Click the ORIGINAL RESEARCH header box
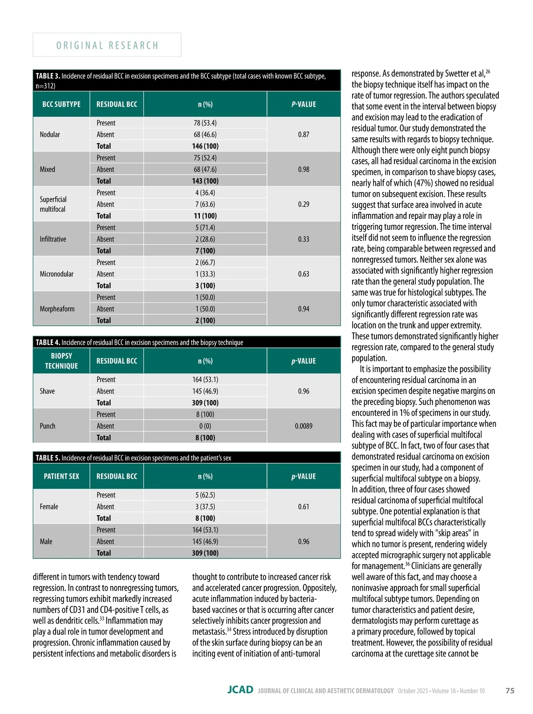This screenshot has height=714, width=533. click(x=107, y=45)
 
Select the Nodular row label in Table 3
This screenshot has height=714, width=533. click(x=50, y=134)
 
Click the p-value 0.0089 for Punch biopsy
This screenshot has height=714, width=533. click(x=303, y=426)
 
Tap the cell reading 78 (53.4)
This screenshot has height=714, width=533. click(x=205, y=123)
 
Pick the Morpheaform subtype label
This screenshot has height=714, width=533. click(x=57, y=309)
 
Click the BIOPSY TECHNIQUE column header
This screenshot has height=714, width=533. click(x=61, y=361)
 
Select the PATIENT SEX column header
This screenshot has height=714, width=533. click(x=61, y=476)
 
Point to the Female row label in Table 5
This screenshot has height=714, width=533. click(x=49, y=506)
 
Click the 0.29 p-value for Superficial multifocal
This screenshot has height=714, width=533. click(x=303, y=204)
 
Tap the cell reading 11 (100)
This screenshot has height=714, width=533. click(x=205, y=216)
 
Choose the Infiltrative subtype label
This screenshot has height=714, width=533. click(x=53, y=239)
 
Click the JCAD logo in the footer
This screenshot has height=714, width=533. click(x=240, y=690)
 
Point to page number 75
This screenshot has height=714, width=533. click(x=510, y=690)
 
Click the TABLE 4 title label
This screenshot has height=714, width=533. click(x=48, y=342)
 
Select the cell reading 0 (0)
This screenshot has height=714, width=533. click(x=205, y=426)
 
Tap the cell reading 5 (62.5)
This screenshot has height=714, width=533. click(x=205, y=495)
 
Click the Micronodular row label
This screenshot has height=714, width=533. click(x=56, y=274)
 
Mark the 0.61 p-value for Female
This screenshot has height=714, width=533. click(x=303, y=506)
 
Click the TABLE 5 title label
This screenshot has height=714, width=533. click(x=48, y=458)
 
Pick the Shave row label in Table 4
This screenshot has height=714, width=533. click(x=48, y=391)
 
